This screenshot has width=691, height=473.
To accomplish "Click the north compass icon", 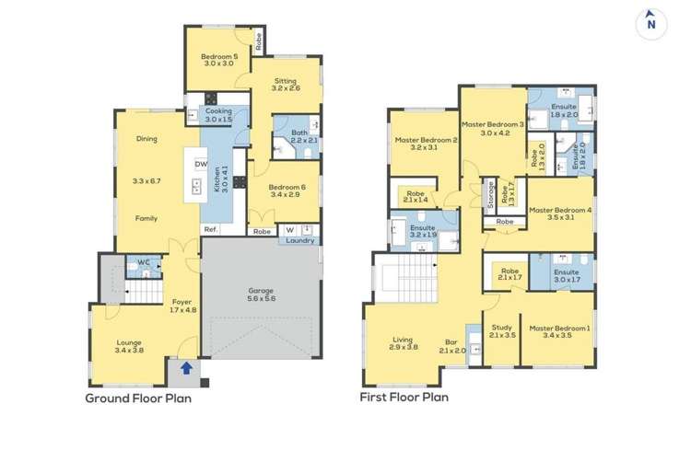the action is (x=650, y=24).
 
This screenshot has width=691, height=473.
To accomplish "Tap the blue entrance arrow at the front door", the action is (x=186, y=368).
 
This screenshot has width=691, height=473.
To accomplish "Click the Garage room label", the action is (x=261, y=291).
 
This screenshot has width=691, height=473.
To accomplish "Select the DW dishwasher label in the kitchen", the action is (x=201, y=164).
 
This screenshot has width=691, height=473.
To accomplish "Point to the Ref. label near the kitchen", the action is (x=211, y=229).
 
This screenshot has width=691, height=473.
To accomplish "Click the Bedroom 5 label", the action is (x=219, y=56).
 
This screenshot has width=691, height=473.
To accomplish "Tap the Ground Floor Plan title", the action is (x=138, y=398).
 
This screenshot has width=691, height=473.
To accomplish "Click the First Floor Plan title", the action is (x=404, y=398).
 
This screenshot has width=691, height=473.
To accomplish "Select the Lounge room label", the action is (x=129, y=342).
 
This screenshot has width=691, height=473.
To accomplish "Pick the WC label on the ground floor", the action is (x=144, y=262).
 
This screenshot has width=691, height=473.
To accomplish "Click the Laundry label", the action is (x=300, y=241).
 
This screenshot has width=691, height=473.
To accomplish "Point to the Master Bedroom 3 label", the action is (x=493, y=124).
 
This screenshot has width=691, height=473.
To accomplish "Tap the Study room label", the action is (x=502, y=328).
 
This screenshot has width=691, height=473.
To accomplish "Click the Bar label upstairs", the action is (x=451, y=342).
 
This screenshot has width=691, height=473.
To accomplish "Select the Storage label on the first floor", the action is (x=490, y=195).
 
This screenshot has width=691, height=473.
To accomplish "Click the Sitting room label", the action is (x=286, y=81).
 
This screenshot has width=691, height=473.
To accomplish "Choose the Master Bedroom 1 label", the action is (x=557, y=329).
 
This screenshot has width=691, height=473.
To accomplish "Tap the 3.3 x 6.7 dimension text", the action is (x=146, y=181).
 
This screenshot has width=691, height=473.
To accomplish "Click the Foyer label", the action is (x=182, y=302).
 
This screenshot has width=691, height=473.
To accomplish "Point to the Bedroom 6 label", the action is (x=287, y=187).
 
